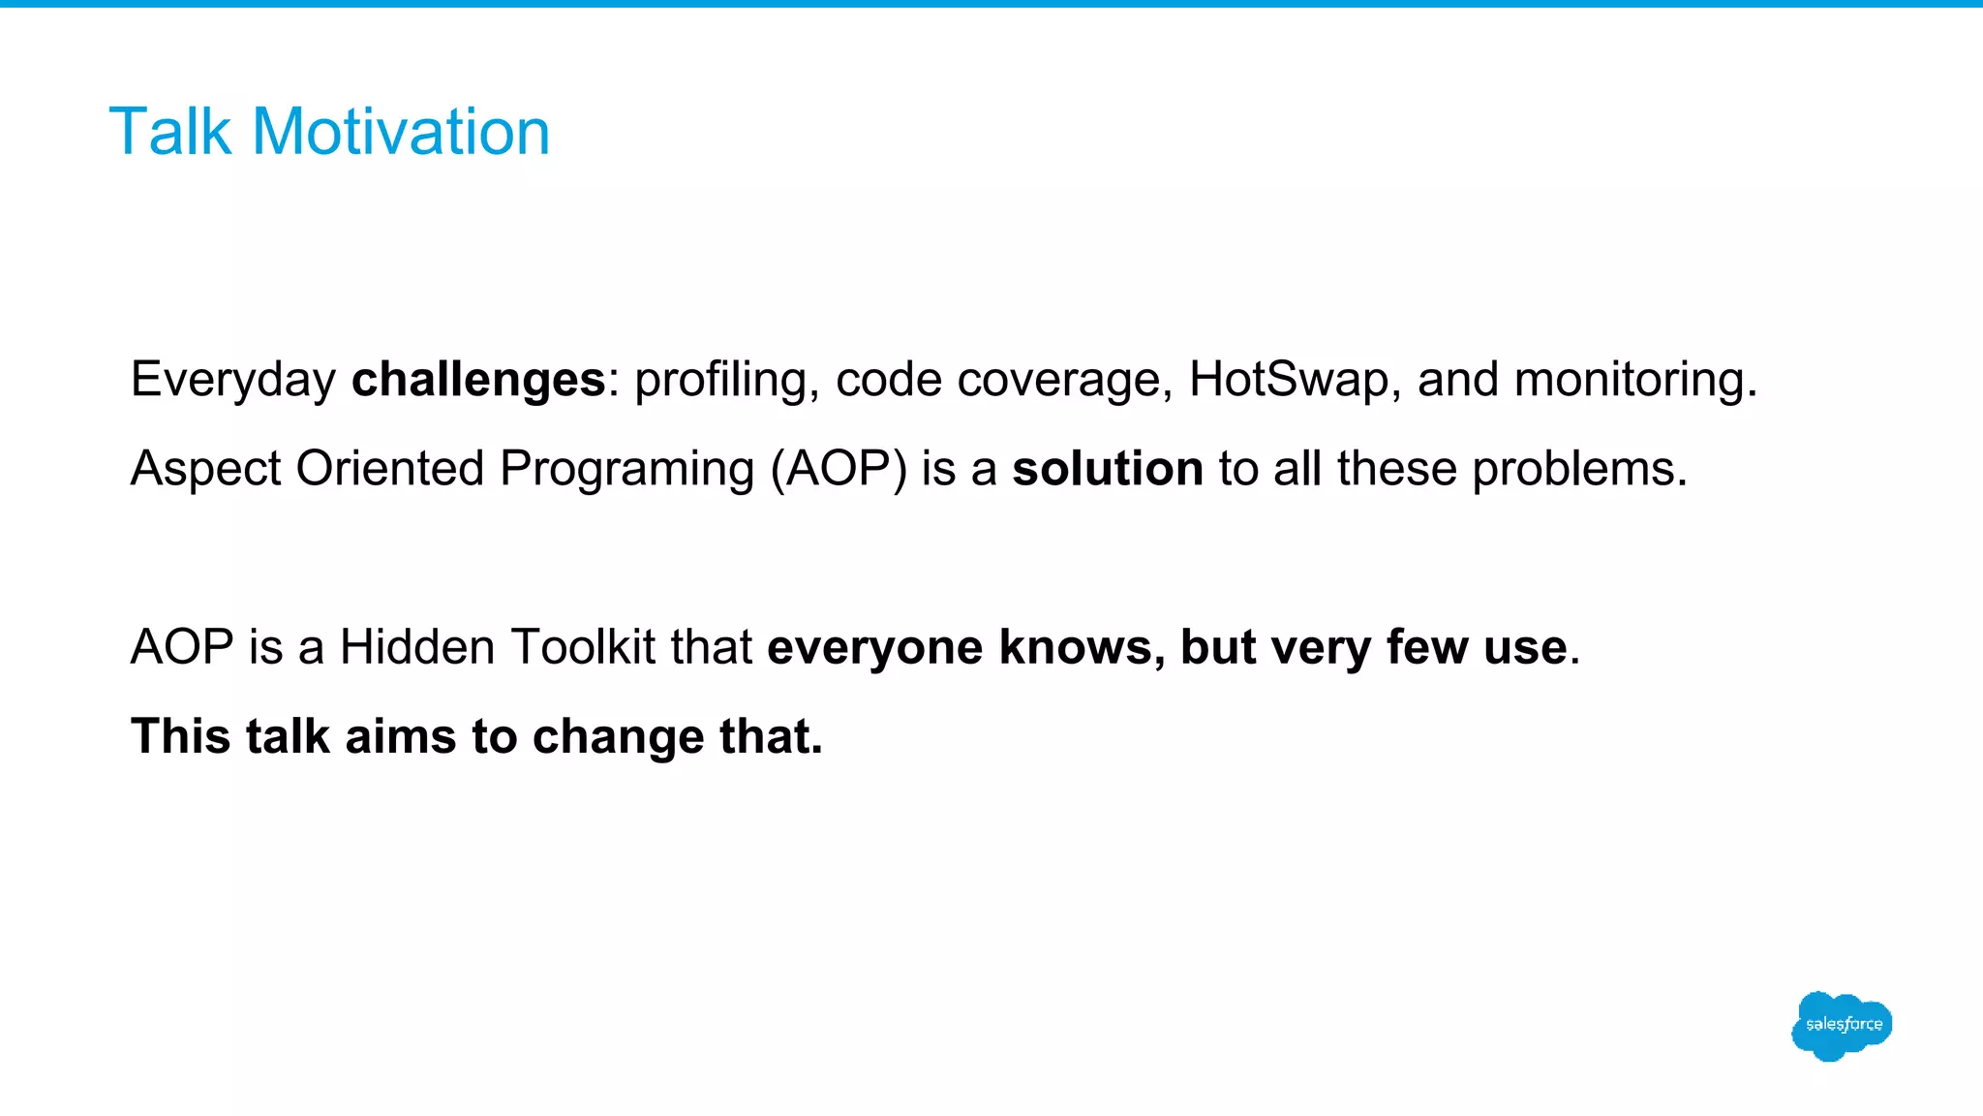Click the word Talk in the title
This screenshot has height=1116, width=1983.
169,132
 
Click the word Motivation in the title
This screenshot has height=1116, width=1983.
401,132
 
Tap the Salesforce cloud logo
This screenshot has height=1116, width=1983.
1842,1026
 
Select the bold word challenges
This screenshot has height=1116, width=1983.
478,380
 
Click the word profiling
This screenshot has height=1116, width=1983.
720,380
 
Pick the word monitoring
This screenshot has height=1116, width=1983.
1634,380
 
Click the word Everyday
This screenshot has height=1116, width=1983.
233,380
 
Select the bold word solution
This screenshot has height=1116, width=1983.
1108,469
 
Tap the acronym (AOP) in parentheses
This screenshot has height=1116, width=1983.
839,469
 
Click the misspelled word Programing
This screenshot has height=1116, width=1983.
626,469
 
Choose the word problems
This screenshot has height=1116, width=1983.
1579,469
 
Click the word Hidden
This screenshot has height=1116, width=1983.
417,647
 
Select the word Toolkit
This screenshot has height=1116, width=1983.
583,647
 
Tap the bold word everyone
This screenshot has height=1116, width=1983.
874,647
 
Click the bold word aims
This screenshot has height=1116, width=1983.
400,736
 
